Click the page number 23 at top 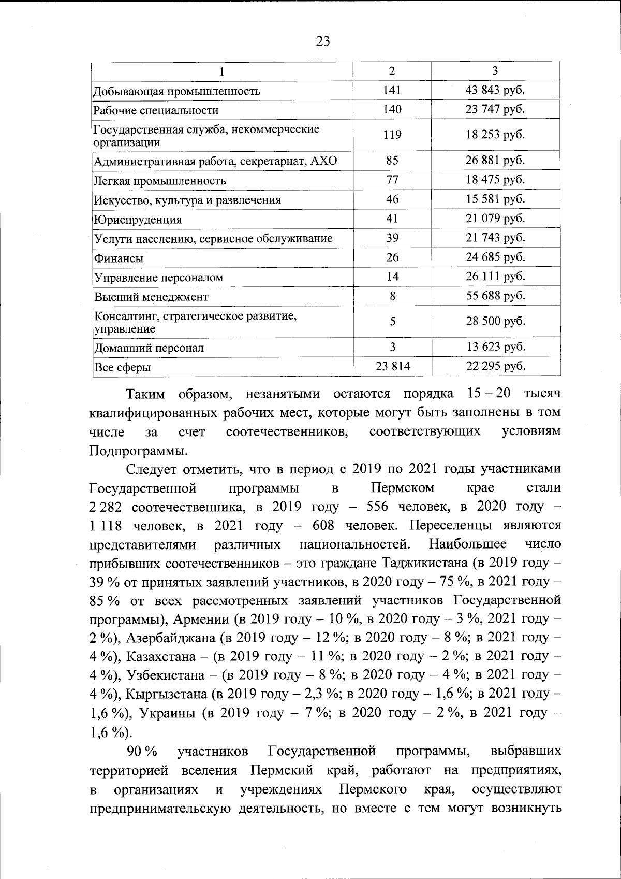pos(322,41)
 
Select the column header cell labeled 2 pos(392,71)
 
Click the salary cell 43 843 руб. pos(495,90)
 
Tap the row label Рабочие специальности pos(156,110)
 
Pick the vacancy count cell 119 pos(392,135)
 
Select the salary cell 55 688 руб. pos(495,296)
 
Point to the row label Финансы pos(119,258)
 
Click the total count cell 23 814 pos(393,366)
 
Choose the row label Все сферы pos(123,368)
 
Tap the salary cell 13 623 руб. pos(495,347)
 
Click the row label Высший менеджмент pos(151,297)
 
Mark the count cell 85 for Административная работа pos(392,160)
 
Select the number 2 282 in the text pos(106,507)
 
